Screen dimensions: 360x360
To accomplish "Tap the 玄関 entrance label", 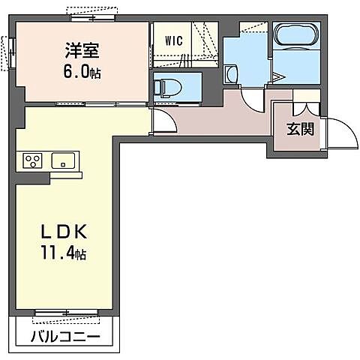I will click(299, 127).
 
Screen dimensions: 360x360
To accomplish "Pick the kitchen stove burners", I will click(32, 160).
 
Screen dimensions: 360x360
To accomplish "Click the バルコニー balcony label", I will click(65, 336).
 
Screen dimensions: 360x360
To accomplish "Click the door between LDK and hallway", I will click(161, 120).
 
